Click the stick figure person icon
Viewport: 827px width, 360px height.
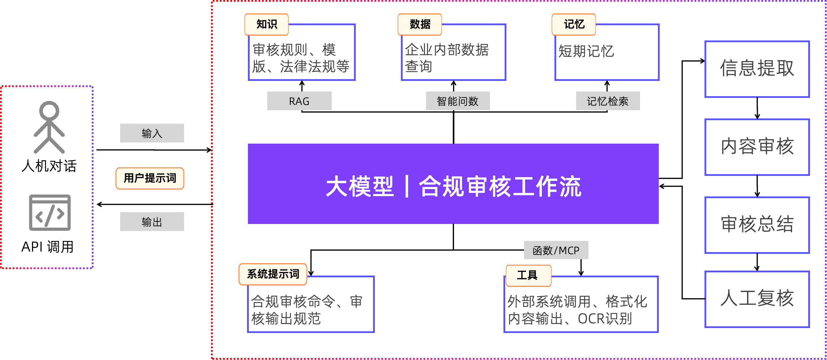coord(49,127)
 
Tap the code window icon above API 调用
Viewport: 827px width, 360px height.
coord(50,212)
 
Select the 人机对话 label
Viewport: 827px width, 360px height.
coord(49,165)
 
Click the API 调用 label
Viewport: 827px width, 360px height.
coord(48,246)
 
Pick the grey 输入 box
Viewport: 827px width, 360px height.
coord(152,133)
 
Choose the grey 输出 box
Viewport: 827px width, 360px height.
coord(152,222)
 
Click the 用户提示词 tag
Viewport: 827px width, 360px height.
coord(150,178)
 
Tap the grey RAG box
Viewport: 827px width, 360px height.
coord(299,101)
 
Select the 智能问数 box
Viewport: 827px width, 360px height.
coord(458,101)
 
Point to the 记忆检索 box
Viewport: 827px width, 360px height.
coord(608,101)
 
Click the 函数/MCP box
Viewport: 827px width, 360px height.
coord(556,250)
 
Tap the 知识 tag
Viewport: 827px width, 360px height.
coord(266,24)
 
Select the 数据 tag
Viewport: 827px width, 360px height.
coord(420,24)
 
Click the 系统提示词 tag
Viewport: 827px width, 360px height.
coord(273,274)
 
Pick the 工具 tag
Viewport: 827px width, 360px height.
coord(528,275)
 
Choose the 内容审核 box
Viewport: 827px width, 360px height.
coord(757,147)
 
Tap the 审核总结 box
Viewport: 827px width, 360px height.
coord(757,225)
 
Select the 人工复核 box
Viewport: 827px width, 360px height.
coord(757,299)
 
